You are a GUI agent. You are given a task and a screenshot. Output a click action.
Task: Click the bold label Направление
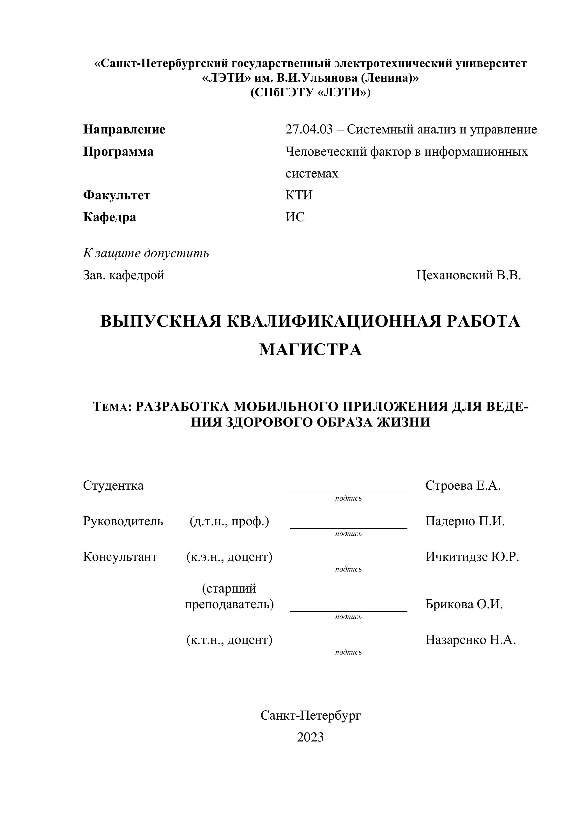pyautogui.click(x=124, y=129)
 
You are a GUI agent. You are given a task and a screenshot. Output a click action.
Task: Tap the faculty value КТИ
pyautogui.click(x=299, y=195)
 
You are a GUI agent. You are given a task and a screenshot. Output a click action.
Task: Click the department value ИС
pyautogui.click(x=295, y=217)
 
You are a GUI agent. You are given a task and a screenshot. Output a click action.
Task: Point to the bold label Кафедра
pyautogui.click(x=110, y=217)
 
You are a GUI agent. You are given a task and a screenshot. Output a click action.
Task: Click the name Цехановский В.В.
pyautogui.click(x=469, y=275)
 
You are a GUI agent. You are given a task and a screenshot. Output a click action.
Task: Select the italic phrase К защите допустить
pyautogui.click(x=146, y=254)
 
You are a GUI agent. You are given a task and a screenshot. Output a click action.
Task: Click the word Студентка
pyautogui.click(x=113, y=486)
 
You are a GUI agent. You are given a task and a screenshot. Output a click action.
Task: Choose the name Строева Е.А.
pyautogui.click(x=463, y=486)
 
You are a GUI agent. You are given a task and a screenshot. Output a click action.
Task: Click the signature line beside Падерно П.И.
pyautogui.click(x=348, y=528)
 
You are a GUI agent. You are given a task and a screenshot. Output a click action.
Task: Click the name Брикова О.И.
pyautogui.click(x=464, y=604)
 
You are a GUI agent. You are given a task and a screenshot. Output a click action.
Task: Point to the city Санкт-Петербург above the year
pyautogui.click(x=310, y=716)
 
